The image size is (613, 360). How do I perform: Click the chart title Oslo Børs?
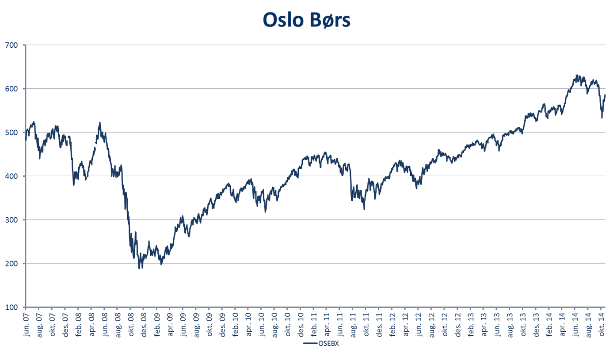(306, 19)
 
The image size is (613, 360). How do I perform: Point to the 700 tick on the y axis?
(11, 45)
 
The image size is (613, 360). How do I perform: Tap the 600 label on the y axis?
(11, 89)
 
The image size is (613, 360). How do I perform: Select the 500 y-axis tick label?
(11, 133)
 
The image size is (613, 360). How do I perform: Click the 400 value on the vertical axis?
(11, 176)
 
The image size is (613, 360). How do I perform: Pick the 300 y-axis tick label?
(11, 220)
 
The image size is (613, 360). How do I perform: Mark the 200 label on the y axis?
(11, 264)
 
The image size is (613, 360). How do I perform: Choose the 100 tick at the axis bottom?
(11, 307)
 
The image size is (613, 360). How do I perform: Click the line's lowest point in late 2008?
(139, 268)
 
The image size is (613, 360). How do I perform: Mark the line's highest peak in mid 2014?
(577, 75)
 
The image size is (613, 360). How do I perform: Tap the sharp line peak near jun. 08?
(100, 122)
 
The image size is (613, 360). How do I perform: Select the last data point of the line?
(605, 95)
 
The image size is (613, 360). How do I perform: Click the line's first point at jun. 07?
(26, 140)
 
